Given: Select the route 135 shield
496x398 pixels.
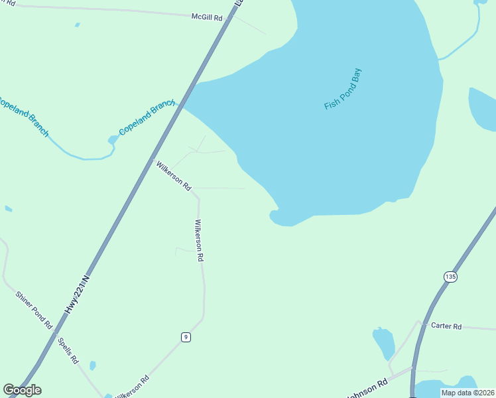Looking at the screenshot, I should [451, 276].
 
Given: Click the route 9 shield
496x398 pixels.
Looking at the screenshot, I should [186, 337].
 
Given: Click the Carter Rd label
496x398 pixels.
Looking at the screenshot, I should [446, 326].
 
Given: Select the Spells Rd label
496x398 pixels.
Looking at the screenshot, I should [68, 351].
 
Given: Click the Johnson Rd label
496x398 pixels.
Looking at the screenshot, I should [367, 389].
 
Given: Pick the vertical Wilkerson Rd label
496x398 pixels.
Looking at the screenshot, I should [198, 240].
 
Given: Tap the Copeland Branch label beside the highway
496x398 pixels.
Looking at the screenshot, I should [147, 117].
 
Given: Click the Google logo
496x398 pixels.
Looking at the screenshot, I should [22, 390].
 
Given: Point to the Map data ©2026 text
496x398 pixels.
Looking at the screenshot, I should [467, 393].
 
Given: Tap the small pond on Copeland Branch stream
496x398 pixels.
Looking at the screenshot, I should [113, 140].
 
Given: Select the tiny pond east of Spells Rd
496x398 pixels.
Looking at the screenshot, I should [93, 365].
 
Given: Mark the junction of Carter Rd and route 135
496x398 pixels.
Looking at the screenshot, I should [421, 324].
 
